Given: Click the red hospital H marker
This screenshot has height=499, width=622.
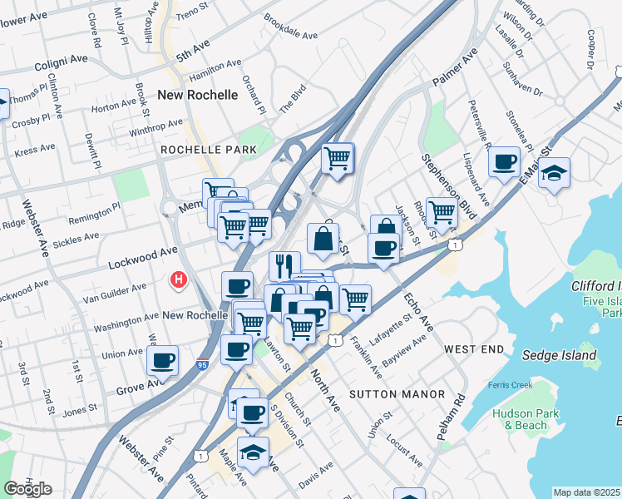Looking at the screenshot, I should [177, 280].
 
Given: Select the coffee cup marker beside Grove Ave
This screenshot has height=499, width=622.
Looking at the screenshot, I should [163, 360].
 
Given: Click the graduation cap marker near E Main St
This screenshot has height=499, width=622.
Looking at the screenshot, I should [554, 173].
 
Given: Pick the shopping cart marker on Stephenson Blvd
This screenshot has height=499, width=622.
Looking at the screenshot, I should [442, 213].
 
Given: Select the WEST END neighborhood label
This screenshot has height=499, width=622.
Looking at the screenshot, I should [473, 348].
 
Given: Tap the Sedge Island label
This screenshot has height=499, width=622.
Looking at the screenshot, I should [560, 355].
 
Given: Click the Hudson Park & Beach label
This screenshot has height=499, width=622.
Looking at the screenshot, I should [520, 419].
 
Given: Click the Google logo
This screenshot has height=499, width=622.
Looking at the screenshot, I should [27, 489].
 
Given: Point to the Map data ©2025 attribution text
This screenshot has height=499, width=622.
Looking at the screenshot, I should [587, 492].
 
